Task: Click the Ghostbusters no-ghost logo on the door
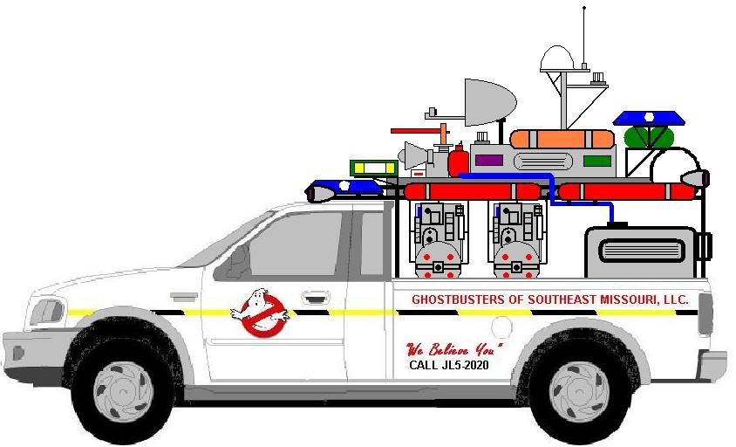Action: point(259,313)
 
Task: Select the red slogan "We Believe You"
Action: point(454,348)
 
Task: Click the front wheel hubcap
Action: point(123,390)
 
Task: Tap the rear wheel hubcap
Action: point(579,391)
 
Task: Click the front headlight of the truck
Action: point(47,312)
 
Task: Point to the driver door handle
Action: point(316,298)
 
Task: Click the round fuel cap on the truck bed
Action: point(501,327)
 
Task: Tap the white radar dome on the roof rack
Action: point(557,58)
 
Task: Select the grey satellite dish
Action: point(488,103)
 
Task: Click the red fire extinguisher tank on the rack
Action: point(458,161)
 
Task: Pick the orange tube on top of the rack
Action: point(562,139)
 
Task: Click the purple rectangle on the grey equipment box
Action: point(488,161)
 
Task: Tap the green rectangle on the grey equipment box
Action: point(597,161)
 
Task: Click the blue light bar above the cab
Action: point(346,189)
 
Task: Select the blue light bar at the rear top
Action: point(649,118)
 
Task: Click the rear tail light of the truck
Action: point(705,314)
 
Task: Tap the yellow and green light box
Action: point(373,168)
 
